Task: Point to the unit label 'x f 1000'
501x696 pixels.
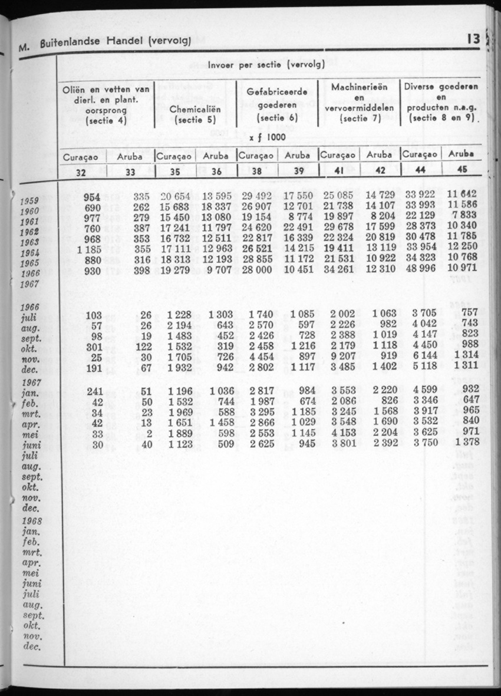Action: pyautogui.click(x=268, y=137)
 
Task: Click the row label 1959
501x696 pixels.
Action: pyautogui.click(x=29, y=200)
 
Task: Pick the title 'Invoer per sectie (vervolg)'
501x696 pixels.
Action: pyautogui.click(x=265, y=65)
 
